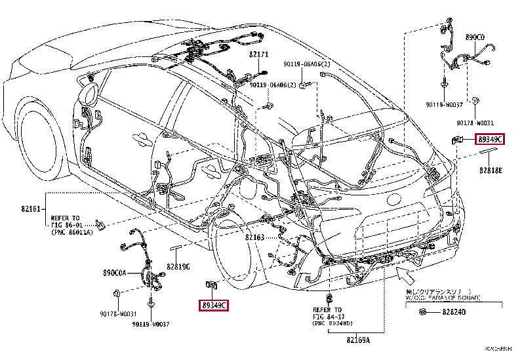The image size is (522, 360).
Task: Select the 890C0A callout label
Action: (114, 271)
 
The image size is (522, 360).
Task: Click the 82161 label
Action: (30, 208)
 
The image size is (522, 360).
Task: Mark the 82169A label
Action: (359, 340)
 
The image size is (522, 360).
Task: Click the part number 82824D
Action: (453, 312)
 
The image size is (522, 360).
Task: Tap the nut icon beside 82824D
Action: (424, 312)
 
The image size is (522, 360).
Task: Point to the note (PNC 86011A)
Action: (72, 231)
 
